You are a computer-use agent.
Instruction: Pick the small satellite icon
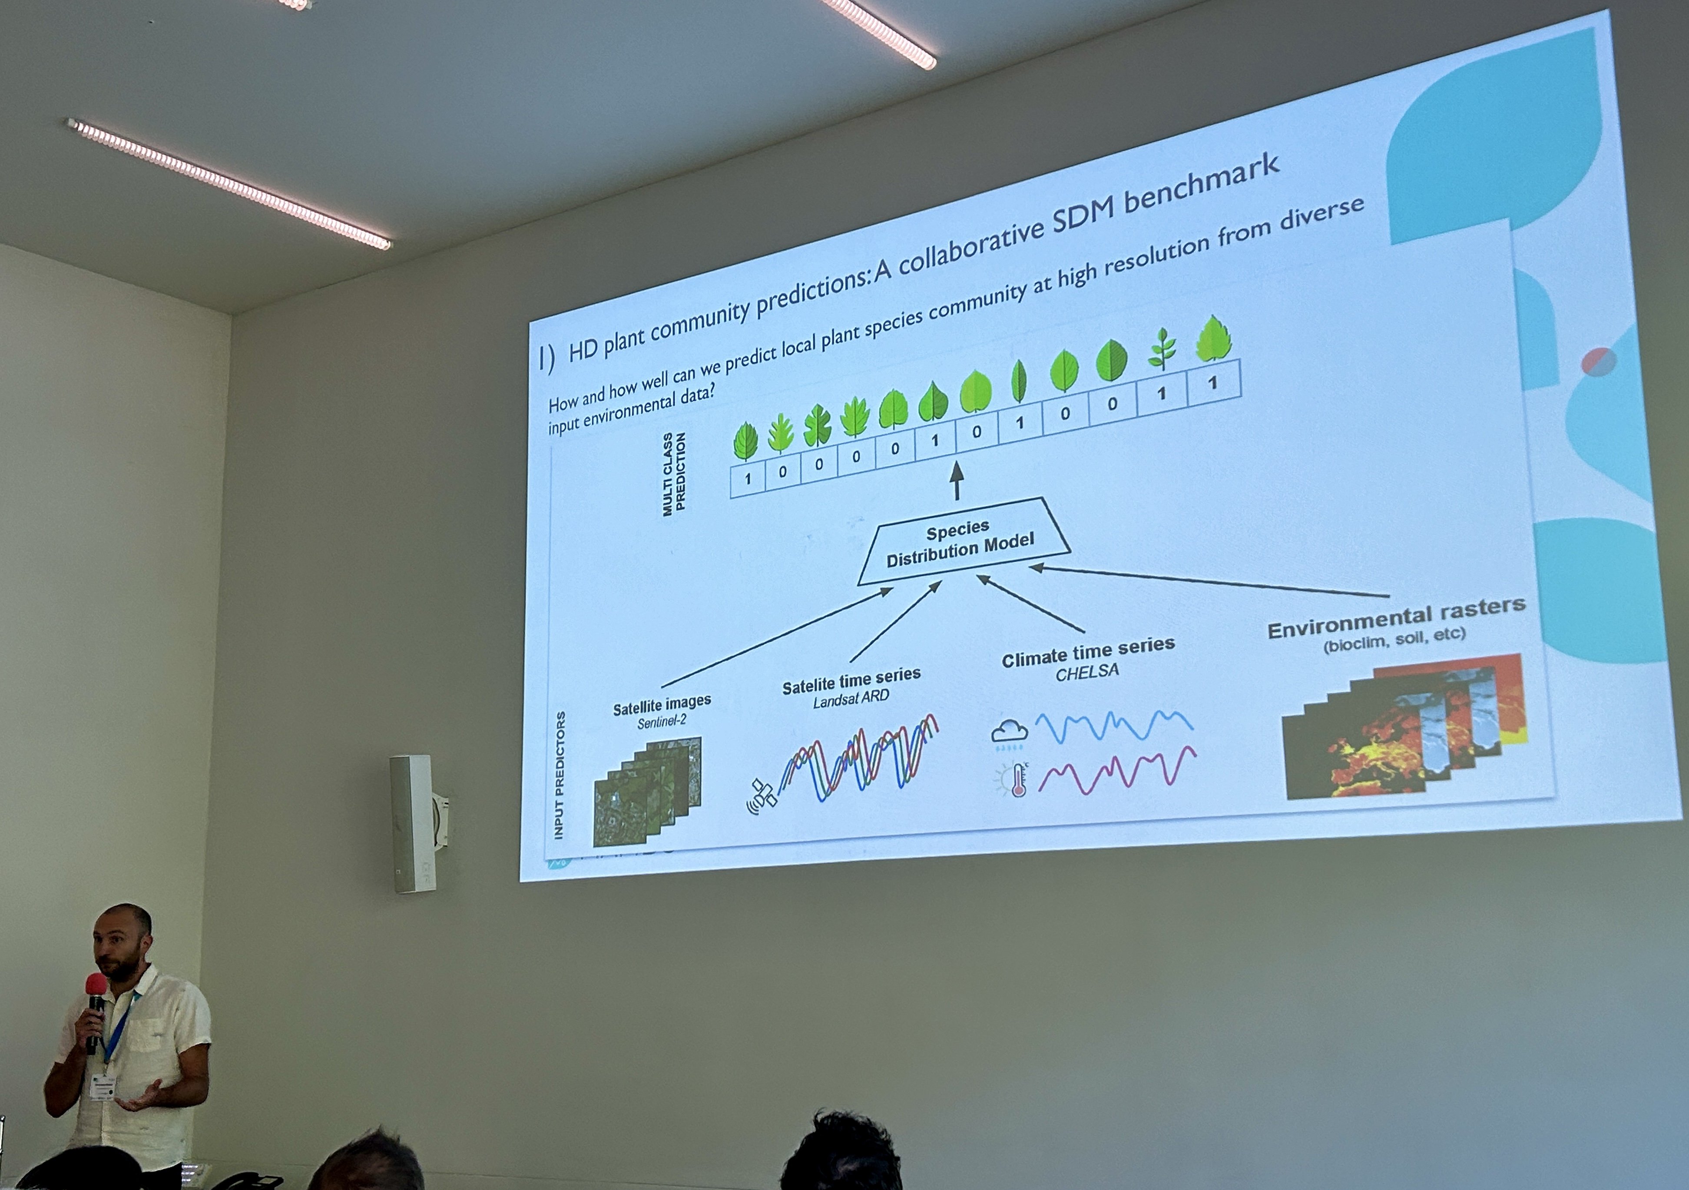tap(762, 795)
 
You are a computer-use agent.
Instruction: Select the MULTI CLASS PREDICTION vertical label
tap(674, 473)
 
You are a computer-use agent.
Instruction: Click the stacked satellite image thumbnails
tap(647, 791)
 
